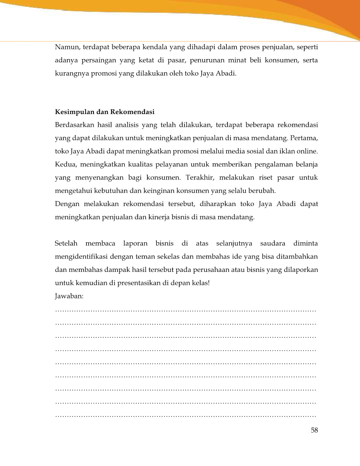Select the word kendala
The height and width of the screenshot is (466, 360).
155,47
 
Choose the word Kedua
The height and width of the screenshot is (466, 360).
65,164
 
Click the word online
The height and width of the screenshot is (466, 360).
307,151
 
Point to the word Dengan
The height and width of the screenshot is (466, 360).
67,204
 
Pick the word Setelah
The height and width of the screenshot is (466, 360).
66,243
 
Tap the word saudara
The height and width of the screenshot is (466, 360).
272,243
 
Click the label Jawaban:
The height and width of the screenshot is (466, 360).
69,296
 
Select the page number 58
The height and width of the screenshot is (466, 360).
314,430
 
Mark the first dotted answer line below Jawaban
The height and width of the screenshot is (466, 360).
186,310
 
